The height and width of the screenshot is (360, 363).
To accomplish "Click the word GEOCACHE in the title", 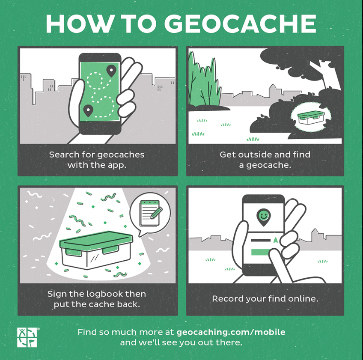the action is (240, 24).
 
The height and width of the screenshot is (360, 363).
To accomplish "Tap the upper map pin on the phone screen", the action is (111, 71).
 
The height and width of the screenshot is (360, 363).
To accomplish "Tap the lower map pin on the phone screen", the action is (88, 110).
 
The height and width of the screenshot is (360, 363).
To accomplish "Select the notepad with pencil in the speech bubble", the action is (151, 213).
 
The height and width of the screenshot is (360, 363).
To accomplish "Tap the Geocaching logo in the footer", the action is (27, 337).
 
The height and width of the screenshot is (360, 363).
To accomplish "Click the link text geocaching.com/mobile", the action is (231, 332).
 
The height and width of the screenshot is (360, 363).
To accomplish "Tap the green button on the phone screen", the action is (261, 252).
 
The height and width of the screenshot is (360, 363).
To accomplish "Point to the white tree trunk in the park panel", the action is (325, 74).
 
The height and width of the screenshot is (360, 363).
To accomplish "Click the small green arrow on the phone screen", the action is (275, 240).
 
